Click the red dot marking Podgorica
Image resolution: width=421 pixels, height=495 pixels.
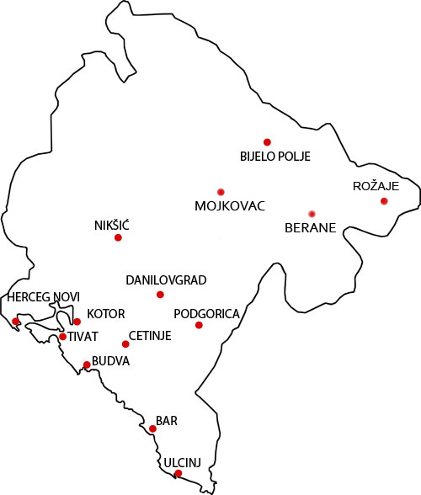click(199, 325)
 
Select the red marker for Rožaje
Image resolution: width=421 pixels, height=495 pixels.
click(384, 200)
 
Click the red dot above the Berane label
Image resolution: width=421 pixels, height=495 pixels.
click(312, 212)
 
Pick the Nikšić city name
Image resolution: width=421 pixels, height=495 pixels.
click(112, 225)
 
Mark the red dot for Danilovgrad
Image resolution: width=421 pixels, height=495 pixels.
click(160, 294)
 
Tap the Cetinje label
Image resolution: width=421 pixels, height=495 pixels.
click(150, 336)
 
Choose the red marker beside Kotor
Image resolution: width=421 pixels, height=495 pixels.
click(77, 322)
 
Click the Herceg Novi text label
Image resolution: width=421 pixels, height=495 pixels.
click(43, 297)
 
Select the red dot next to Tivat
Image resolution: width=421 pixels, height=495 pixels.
click(62, 337)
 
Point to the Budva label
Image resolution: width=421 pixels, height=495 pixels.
click(111, 361)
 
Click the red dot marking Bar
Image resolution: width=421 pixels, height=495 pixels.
click(152, 428)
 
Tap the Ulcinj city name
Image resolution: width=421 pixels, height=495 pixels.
click(182, 461)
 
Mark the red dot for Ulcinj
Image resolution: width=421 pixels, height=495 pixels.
click(177, 473)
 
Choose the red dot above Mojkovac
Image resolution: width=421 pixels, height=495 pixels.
click(221, 191)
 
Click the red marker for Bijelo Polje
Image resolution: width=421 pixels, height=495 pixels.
click(267, 141)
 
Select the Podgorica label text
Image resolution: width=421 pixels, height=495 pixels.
click(206, 314)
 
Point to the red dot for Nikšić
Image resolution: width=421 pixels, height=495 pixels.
click(118, 237)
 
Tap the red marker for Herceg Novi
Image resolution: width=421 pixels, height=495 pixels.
click(16, 321)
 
